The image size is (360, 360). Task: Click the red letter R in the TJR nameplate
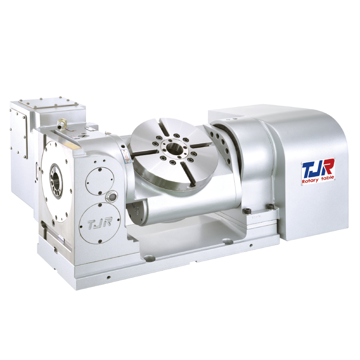point(328,167)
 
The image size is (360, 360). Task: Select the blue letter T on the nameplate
point(308,168)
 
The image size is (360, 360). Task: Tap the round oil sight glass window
point(112,196)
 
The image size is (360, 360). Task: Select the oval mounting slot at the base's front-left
point(149,258)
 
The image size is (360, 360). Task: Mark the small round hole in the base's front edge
point(108,277)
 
